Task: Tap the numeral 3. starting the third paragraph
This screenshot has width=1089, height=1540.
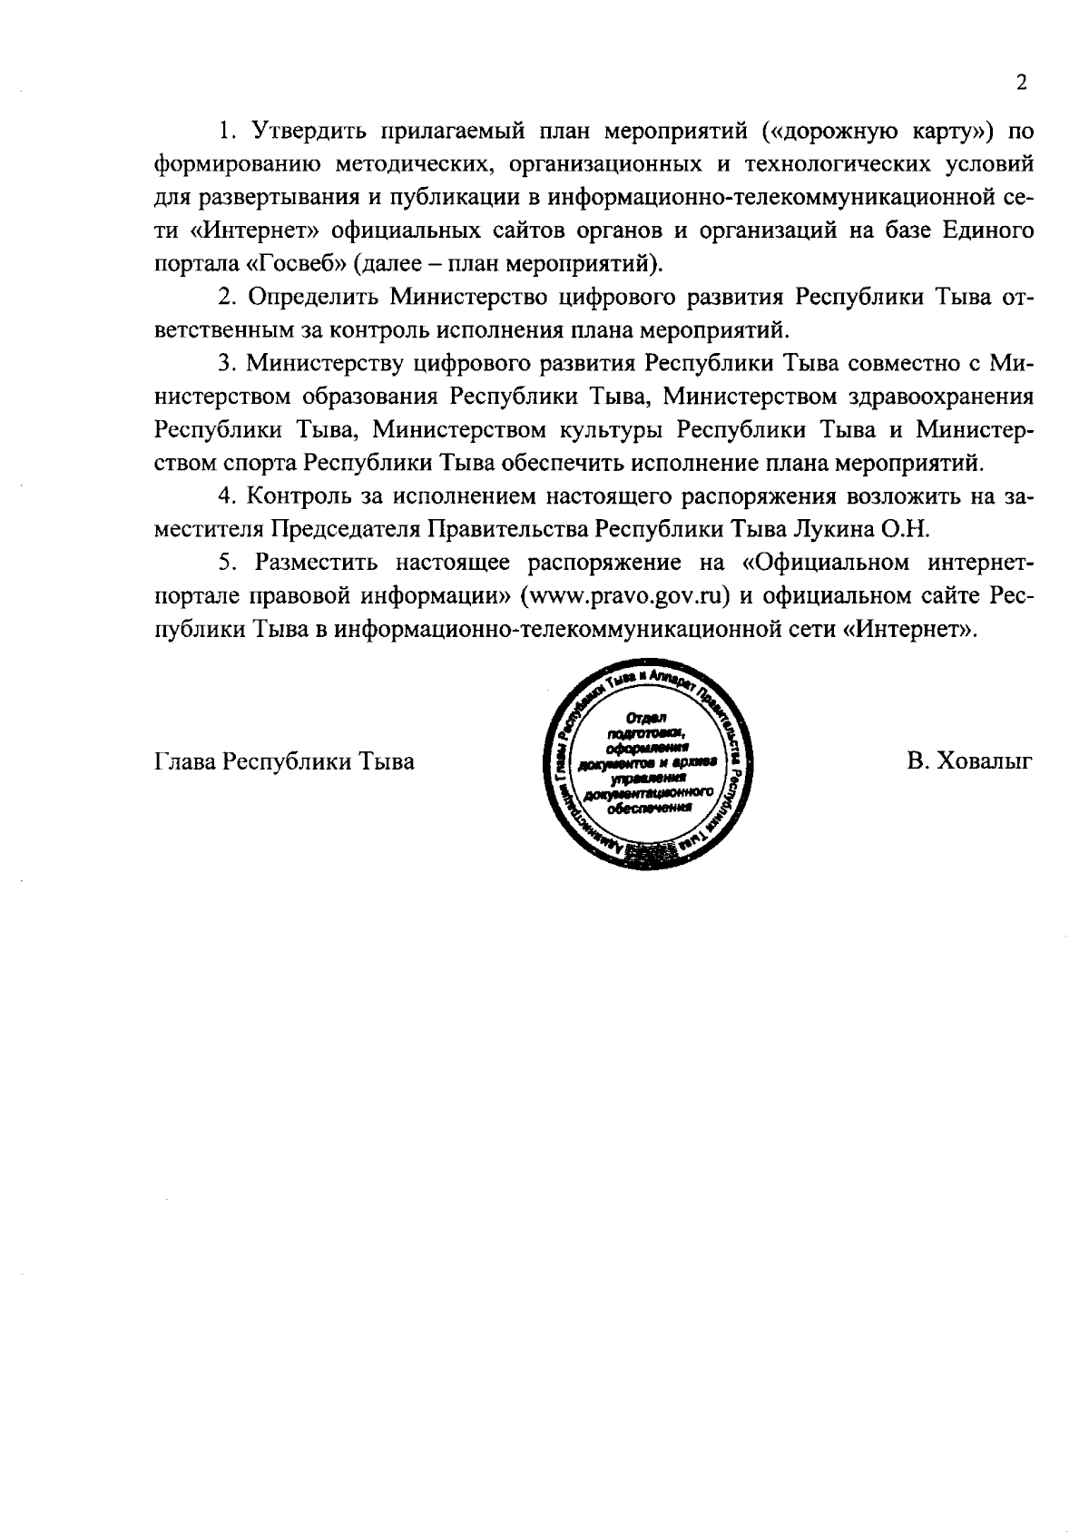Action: click(227, 364)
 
